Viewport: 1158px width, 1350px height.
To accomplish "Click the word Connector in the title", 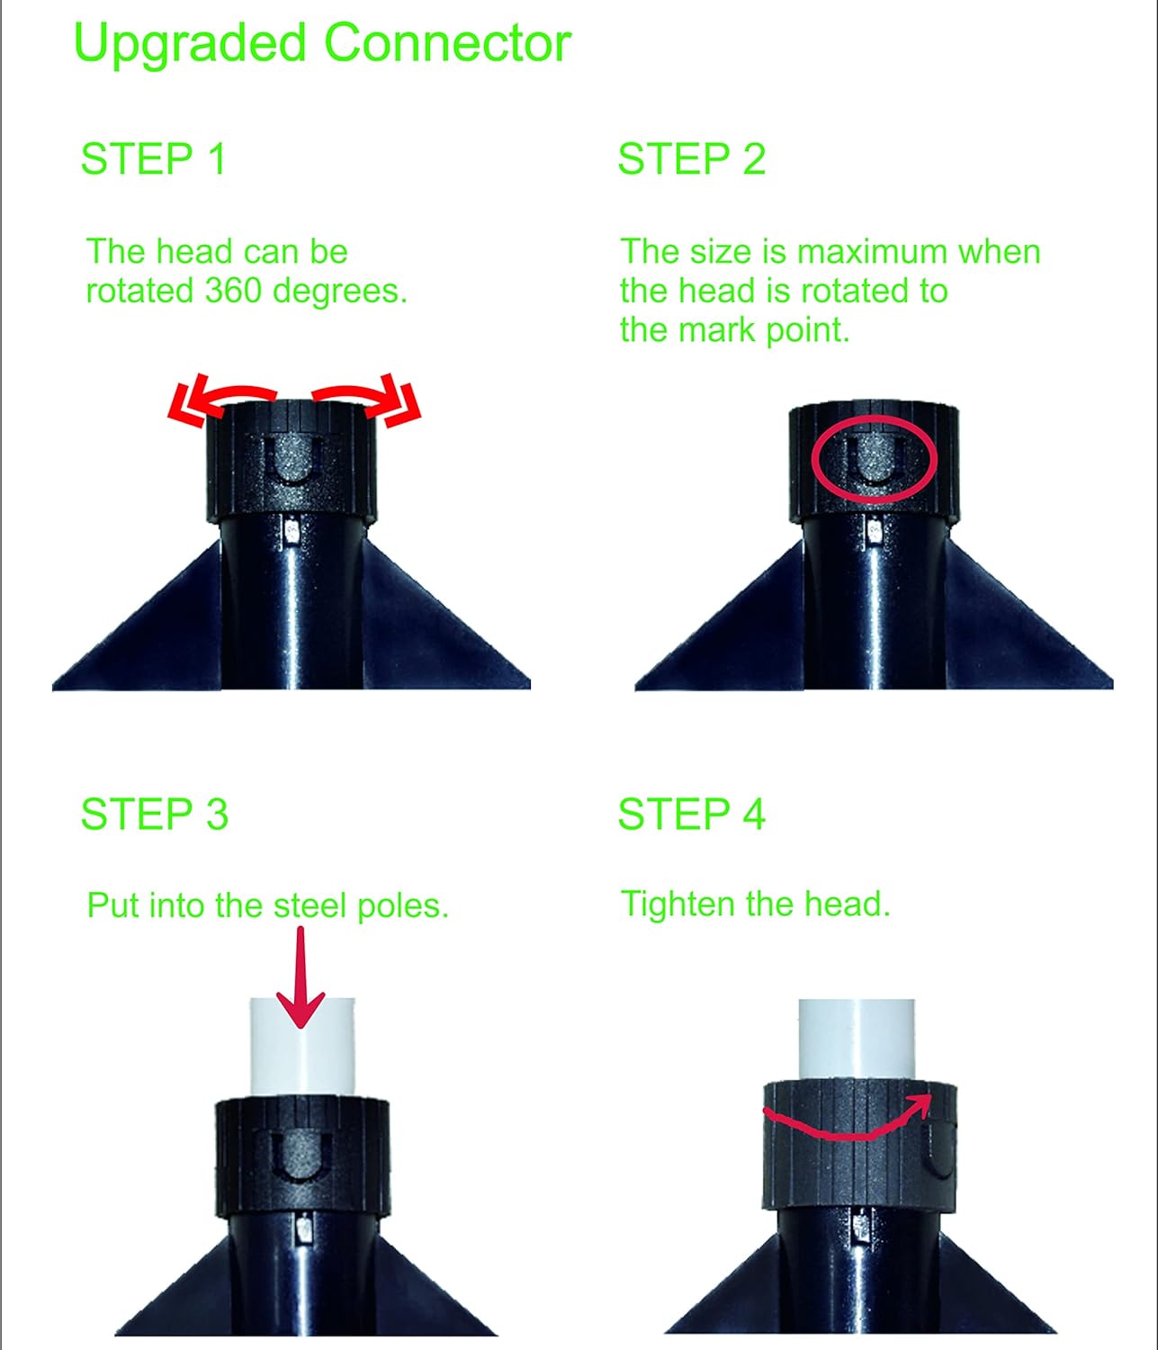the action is (x=447, y=43).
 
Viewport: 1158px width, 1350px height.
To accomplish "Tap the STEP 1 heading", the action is (x=153, y=158).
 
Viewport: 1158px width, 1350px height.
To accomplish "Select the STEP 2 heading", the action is (x=692, y=158).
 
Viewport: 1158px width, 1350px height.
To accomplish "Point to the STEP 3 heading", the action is (x=154, y=814).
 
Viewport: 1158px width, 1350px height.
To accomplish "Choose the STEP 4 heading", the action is (x=692, y=814).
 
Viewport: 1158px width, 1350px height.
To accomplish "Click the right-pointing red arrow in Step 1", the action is (x=367, y=399).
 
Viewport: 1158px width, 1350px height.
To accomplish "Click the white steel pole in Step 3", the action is (x=302, y=1048).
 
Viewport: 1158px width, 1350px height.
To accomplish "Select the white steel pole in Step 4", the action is (x=857, y=1039).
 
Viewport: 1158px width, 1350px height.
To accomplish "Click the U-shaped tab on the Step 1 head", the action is (x=292, y=458).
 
